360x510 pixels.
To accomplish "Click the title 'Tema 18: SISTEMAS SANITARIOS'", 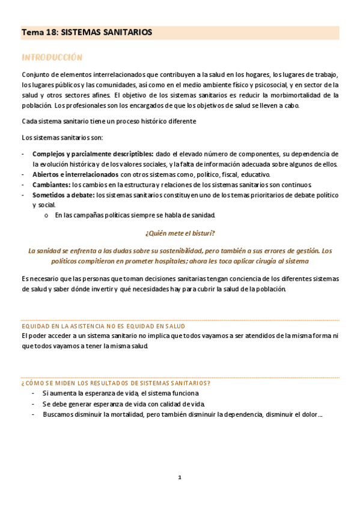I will coord(87,32).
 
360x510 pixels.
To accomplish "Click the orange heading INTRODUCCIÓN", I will coord(52,57).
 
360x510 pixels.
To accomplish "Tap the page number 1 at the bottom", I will coord(179,478).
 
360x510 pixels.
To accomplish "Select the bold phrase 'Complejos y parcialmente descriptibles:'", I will coord(93,154).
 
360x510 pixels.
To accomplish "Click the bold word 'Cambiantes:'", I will coord(51,185).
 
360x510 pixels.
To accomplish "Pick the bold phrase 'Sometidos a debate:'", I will coord(64,195).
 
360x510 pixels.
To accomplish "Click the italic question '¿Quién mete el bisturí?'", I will coord(180,233).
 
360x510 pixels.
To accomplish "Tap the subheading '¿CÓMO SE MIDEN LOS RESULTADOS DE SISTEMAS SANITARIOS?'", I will coord(115,383).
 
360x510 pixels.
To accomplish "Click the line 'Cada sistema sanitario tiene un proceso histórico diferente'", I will coord(109,121).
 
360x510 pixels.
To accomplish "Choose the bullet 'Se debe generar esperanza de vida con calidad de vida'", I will coord(123,404).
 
